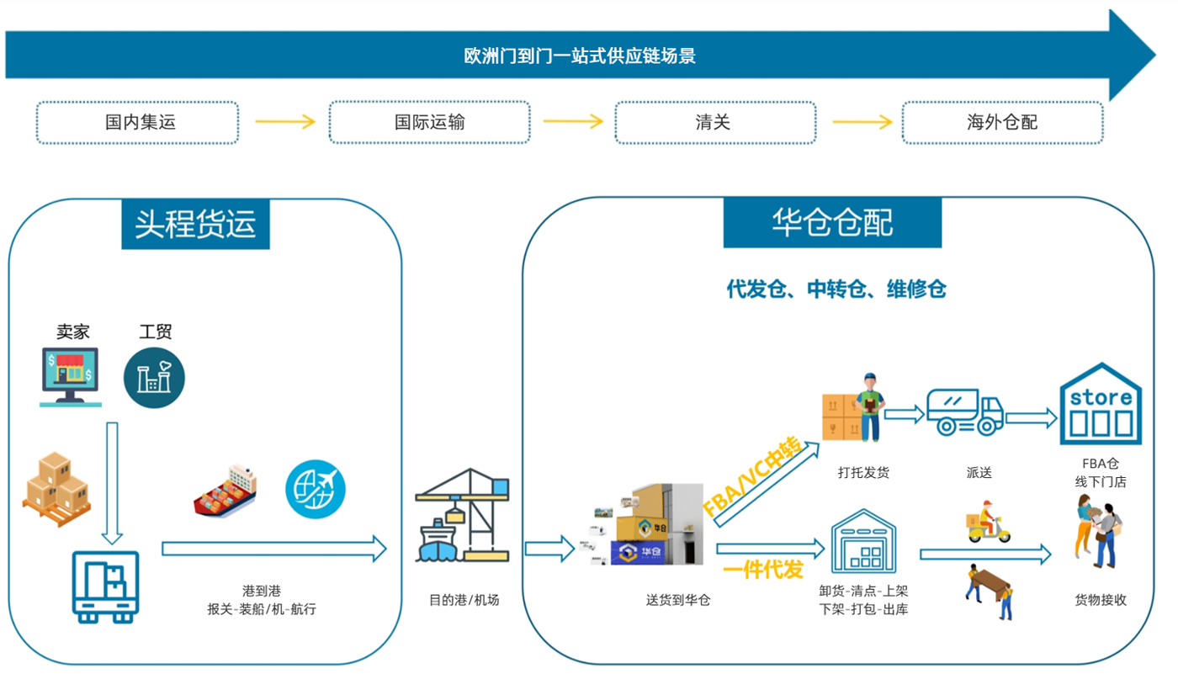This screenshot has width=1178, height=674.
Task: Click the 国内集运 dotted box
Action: coord(137,123)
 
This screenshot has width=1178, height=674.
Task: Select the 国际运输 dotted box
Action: coord(429,123)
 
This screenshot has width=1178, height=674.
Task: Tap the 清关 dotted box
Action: coord(714,123)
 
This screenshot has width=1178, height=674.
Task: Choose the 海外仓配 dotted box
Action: coord(1002,123)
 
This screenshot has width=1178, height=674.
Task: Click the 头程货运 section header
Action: coord(195,224)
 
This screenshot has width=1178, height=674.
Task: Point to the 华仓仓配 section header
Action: coord(832,223)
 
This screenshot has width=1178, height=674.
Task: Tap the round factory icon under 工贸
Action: coord(154,378)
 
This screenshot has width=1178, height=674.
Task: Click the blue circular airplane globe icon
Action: coord(316,488)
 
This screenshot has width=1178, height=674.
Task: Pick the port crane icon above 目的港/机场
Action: coord(462,515)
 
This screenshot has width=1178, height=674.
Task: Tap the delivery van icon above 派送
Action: coord(964,411)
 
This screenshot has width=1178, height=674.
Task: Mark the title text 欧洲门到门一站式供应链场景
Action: coord(580,56)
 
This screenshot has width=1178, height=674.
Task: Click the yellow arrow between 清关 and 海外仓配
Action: coord(862,123)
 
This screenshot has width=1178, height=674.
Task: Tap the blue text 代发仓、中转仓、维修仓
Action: coord(836,289)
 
